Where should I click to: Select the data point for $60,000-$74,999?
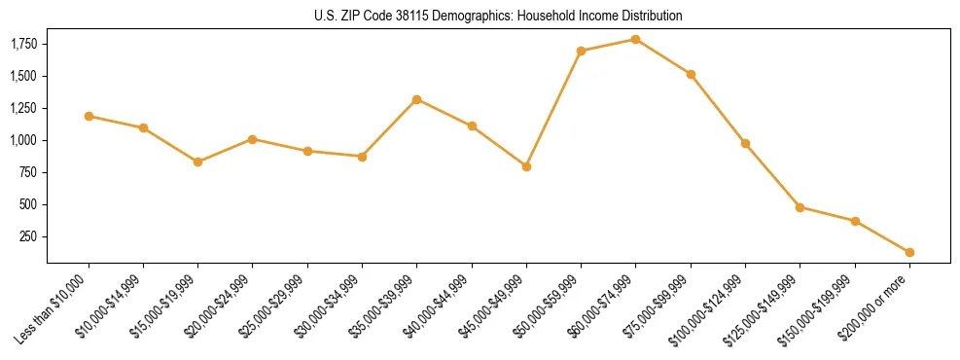click(635, 39)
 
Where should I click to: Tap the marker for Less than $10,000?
click(89, 116)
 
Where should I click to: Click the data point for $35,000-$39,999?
click(416, 99)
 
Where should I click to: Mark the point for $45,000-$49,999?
click(526, 166)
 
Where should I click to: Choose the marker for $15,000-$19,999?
click(198, 162)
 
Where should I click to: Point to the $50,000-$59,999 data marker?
click(581, 51)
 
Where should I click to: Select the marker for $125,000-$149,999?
click(800, 207)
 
